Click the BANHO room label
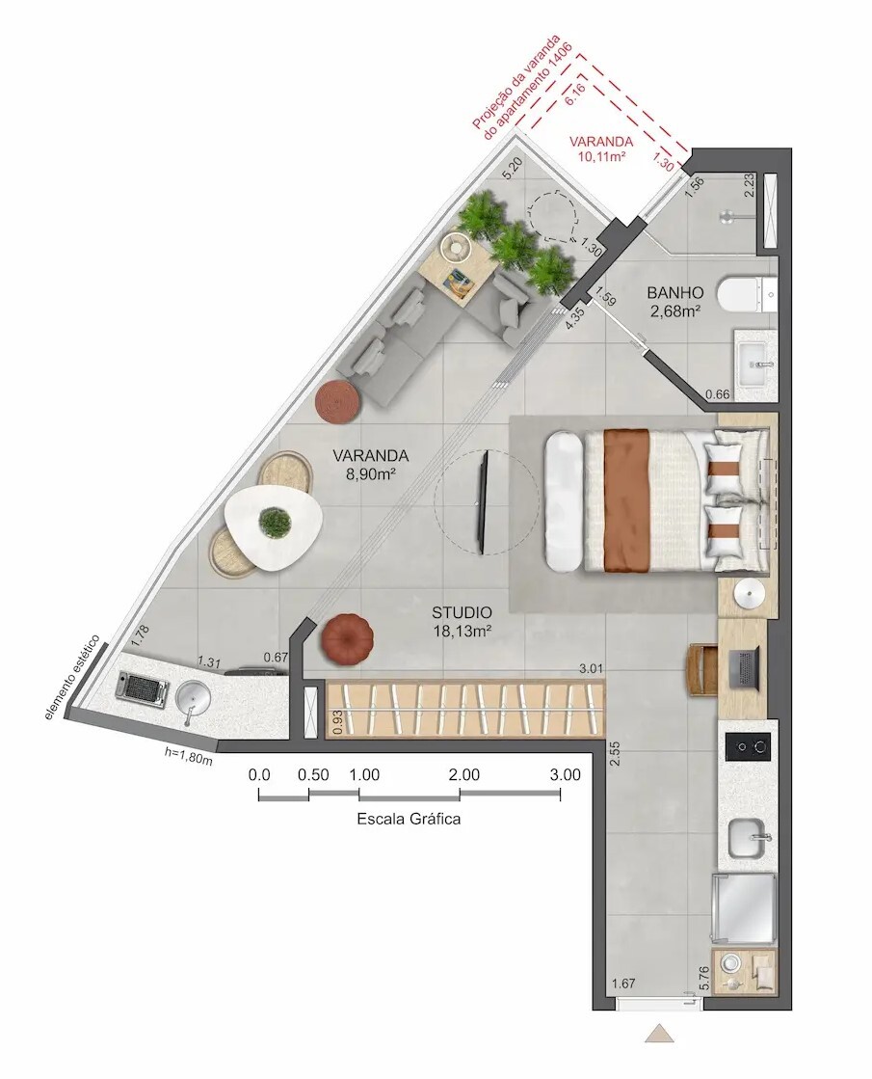click(x=674, y=292)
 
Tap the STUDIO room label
click(x=462, y=612)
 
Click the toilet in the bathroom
click(x=747, y=293)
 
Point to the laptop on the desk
click(x=745, y=668)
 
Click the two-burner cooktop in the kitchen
click(x=748, y=746)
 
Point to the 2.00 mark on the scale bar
click(x=463, y=774)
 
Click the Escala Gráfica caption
click(x=409, y=820)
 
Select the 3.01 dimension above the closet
click(x=591, y=667)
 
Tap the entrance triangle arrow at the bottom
click(x=660, y=1034)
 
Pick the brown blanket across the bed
click(x=626, y=500)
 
